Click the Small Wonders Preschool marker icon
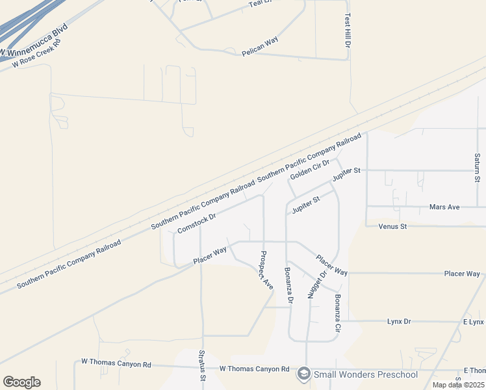pos(303,374)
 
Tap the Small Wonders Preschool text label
pos(366,374)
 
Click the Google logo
pos(21,382)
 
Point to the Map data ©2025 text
pos(458,385)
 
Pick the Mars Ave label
pos(444,207)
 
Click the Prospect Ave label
pos(266,270)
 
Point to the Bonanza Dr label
pos(289,285)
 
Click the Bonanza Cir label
pos(338,314)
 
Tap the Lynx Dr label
pos(399,321)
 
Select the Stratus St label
pos(202,366)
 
